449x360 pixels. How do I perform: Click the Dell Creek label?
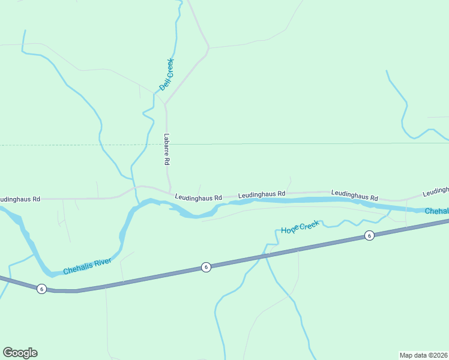coord(166,75)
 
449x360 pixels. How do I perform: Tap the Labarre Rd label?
coord(167,149)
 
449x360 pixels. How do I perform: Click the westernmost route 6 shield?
coord(41,289)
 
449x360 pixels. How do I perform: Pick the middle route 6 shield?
coord(206,267)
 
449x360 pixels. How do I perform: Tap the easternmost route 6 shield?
coord(369,236)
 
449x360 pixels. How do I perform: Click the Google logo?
coord(20,353)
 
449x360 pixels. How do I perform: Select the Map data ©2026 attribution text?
coord(423,355)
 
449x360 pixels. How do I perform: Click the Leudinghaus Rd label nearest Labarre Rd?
coord(199,197)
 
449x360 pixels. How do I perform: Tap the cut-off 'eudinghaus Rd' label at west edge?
coord(20,199)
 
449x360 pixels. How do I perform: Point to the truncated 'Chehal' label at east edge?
coord(436,211)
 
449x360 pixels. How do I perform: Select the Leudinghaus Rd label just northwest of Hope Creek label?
coord(261,195)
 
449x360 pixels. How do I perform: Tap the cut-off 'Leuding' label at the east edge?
coord(435,191)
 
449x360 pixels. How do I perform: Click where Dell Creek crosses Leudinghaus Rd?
coord(135,187)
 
